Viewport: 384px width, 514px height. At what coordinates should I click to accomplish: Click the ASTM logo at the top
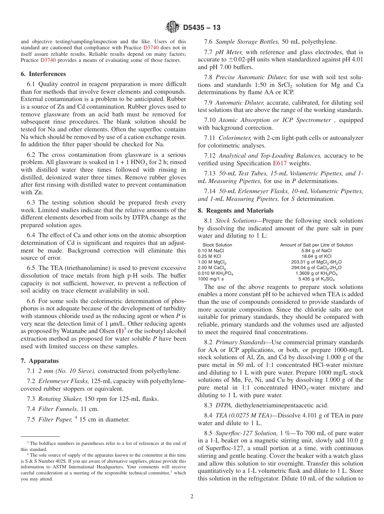click(x=173, y=27)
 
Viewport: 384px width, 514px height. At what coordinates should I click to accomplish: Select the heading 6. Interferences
click(x=43, y=74)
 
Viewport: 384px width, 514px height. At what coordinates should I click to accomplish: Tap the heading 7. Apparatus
click(x=40, y=361)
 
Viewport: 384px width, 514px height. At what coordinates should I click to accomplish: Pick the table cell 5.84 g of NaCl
click(x=316, y=251)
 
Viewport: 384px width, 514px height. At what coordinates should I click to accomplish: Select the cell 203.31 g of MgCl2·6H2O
click(x=316, y=262)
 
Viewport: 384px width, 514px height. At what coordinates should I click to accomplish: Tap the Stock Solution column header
click(x=217, y=245)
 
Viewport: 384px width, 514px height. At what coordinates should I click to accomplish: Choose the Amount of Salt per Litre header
click(x=316, y=245)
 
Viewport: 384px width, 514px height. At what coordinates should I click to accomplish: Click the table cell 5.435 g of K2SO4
click(x=316, y=279)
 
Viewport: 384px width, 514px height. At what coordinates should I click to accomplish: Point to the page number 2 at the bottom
click(x=192, y=497)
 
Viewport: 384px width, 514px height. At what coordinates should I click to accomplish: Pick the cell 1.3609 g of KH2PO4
click(x=316, y=273)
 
